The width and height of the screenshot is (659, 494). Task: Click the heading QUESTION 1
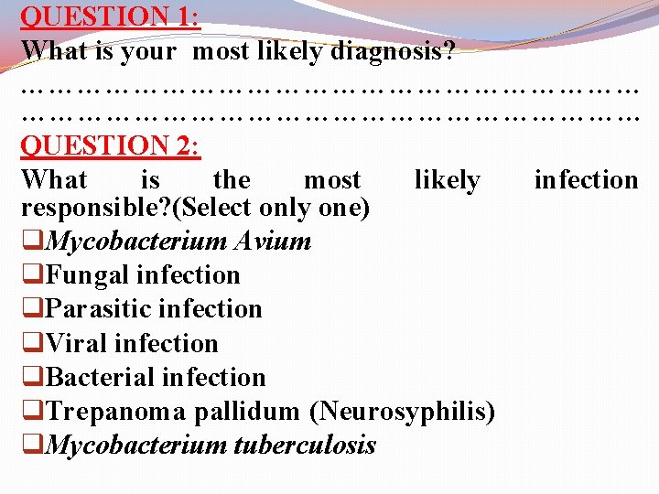click(110, 16)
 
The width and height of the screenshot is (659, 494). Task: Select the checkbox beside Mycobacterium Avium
click(33, 242)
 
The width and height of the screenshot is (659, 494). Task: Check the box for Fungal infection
click(33, 275)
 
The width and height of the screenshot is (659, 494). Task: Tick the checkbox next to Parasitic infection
click(33, 309)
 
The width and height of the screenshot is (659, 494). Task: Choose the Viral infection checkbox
click(33, 344)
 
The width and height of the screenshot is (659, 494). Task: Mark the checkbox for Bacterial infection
click(33, 378)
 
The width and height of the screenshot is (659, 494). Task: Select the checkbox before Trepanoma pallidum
click(33, 412)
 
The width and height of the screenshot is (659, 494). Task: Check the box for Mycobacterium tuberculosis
click(33, 446)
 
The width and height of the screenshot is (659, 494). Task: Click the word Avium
click(272, 242)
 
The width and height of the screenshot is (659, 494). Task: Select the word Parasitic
click(97, 309)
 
